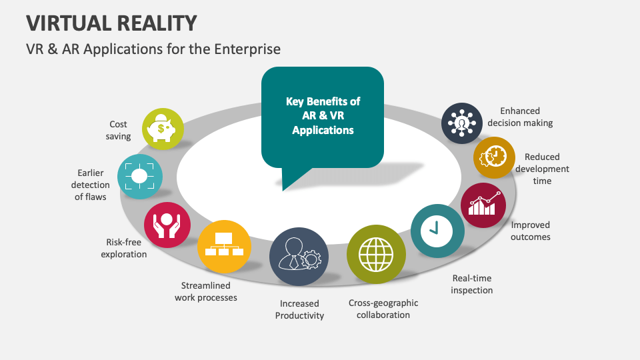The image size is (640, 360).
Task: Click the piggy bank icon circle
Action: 163,129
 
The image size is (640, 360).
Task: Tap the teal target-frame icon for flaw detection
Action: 139,176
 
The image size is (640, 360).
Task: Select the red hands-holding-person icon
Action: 167,225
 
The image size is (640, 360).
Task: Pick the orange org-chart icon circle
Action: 224,247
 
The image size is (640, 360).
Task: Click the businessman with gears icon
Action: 299,257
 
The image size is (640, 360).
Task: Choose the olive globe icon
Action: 376,254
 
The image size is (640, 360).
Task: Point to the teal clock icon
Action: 437,231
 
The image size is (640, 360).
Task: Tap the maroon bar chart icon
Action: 483,205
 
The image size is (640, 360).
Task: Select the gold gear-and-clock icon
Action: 494,157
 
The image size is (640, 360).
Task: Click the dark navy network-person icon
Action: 462,123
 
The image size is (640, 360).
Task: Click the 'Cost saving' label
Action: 119,130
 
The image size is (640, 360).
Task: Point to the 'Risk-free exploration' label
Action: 124,248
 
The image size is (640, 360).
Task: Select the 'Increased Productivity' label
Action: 299,309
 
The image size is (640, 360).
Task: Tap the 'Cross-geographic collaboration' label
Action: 383,309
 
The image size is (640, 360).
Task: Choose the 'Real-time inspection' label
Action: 472,284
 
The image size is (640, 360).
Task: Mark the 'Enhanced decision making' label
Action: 520,117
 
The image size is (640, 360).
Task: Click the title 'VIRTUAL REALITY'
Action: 111,23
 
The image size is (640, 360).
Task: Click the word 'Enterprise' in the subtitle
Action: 247,49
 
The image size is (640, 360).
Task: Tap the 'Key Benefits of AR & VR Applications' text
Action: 323,115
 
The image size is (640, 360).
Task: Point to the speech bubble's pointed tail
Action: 283,190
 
